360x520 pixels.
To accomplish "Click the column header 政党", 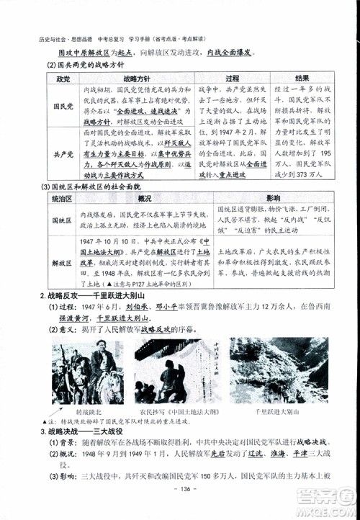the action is tap(63, 78).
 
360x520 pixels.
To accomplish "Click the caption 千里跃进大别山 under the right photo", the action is tap(276, 411).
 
